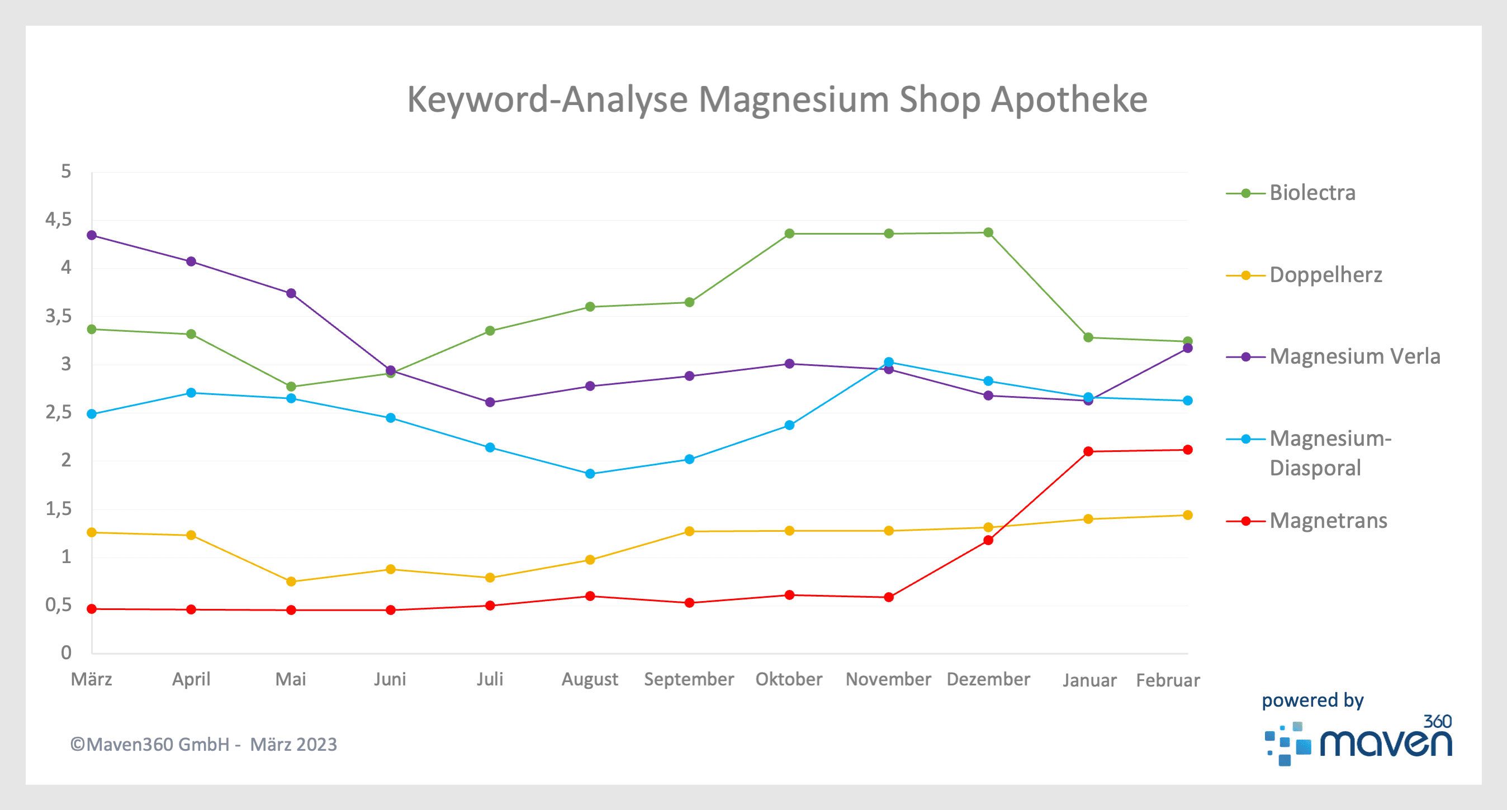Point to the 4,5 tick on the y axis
pos(59,220)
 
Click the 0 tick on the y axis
pos(66,652)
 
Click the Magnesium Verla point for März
pos(92,236)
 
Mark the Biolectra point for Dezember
pos(989,233)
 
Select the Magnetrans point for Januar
pos(1088,451)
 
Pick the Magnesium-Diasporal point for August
pos(590,474)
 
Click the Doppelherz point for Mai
pos(291,582)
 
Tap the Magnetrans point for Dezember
pos(989,540)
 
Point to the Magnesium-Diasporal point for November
pos(889,362)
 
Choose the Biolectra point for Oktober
pos(790,234)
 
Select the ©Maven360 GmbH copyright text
pos(203,745)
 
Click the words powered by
pos(1312,701)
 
